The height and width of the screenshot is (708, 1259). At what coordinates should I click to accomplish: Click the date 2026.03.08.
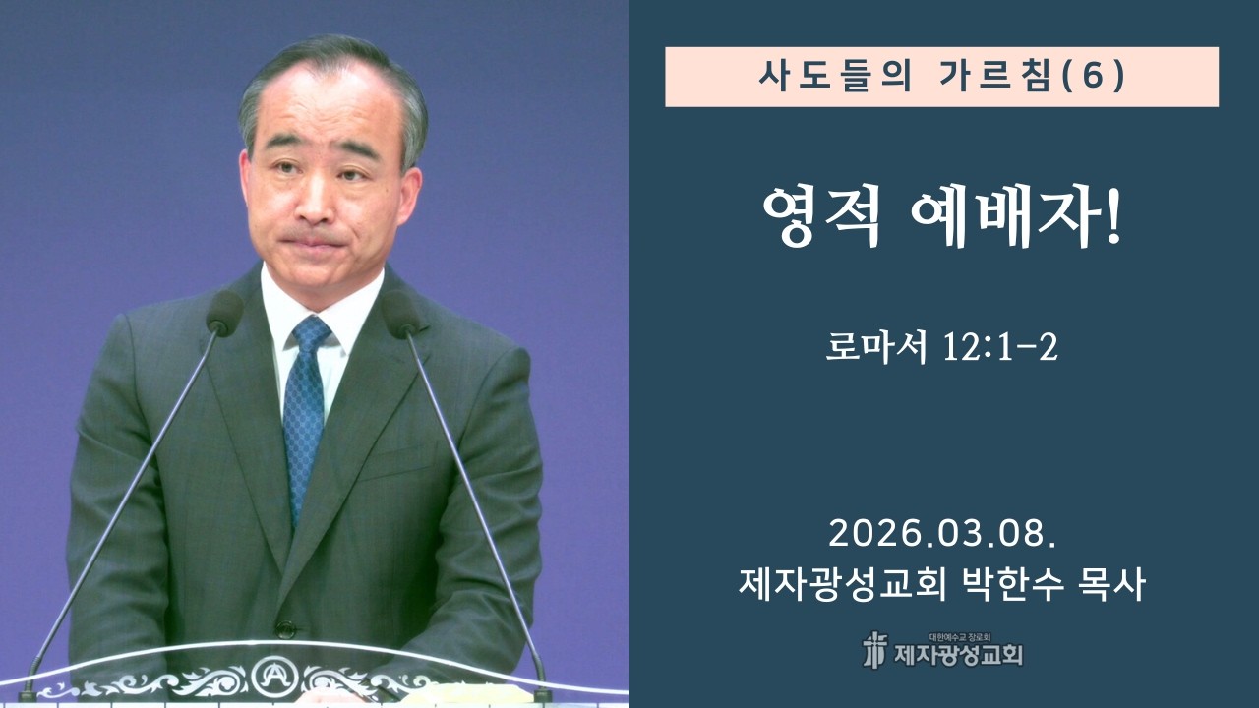point(942,534)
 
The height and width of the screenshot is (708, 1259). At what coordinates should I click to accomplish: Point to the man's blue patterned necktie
point(306,413)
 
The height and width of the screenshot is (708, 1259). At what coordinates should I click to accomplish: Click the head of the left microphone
point(225,314)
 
